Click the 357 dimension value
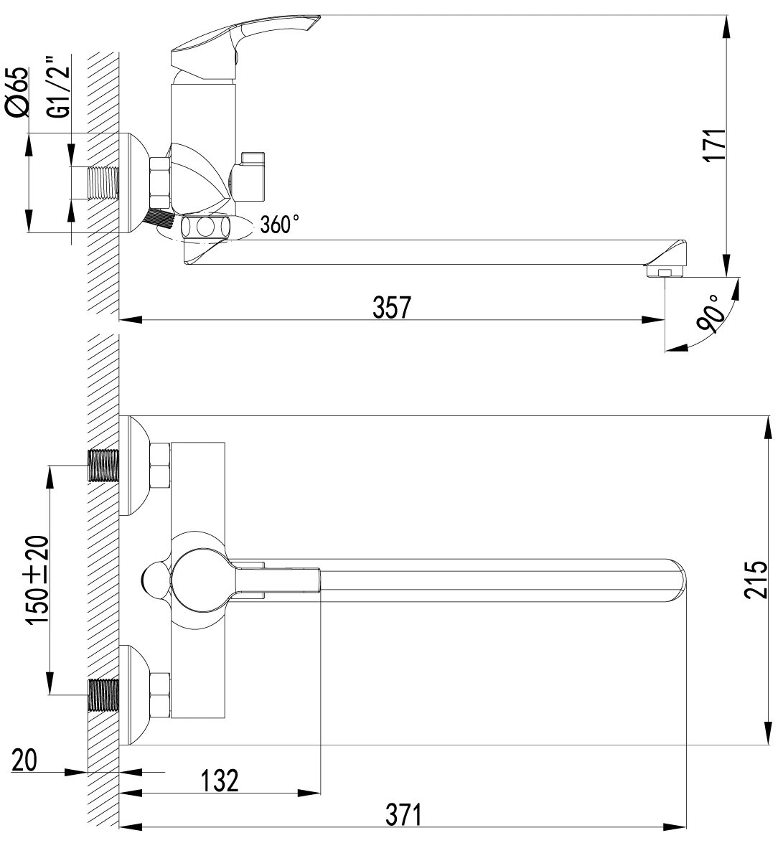coord(392,308)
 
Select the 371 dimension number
coord(403,815)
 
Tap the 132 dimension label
coord(220,781)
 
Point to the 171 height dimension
coord(715,145)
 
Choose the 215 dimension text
coord(756,580)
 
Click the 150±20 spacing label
coord(37,580)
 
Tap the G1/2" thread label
coord(59,85)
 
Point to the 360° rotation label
coord(280,224)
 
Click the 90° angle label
coord(709,314)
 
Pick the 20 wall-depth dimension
coord(24,760)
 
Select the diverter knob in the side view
coord(248,174)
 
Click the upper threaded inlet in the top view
coord(103,465)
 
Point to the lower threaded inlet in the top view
coord(103,695)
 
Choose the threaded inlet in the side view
coord(102,184)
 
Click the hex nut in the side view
coord(160,182)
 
